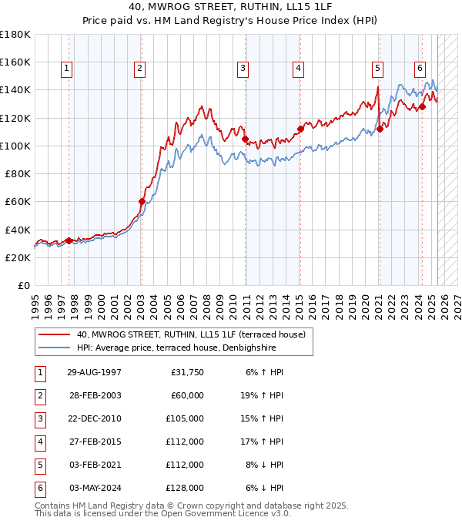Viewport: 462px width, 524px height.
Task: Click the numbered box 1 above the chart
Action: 67,69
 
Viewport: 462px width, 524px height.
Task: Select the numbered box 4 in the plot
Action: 297,69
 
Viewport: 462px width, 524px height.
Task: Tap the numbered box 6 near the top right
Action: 420,69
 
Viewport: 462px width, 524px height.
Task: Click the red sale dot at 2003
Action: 142,202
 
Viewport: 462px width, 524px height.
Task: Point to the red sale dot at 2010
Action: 246,139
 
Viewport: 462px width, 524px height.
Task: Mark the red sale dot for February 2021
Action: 380,129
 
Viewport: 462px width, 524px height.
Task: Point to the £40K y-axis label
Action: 18,230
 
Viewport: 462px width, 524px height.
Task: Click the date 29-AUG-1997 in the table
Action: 94,372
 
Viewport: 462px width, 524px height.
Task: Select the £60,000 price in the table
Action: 187,395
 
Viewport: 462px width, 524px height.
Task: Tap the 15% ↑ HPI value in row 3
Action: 266,418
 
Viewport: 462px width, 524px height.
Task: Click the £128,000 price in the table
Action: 185,488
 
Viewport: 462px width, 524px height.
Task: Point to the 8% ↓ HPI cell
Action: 268,465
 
